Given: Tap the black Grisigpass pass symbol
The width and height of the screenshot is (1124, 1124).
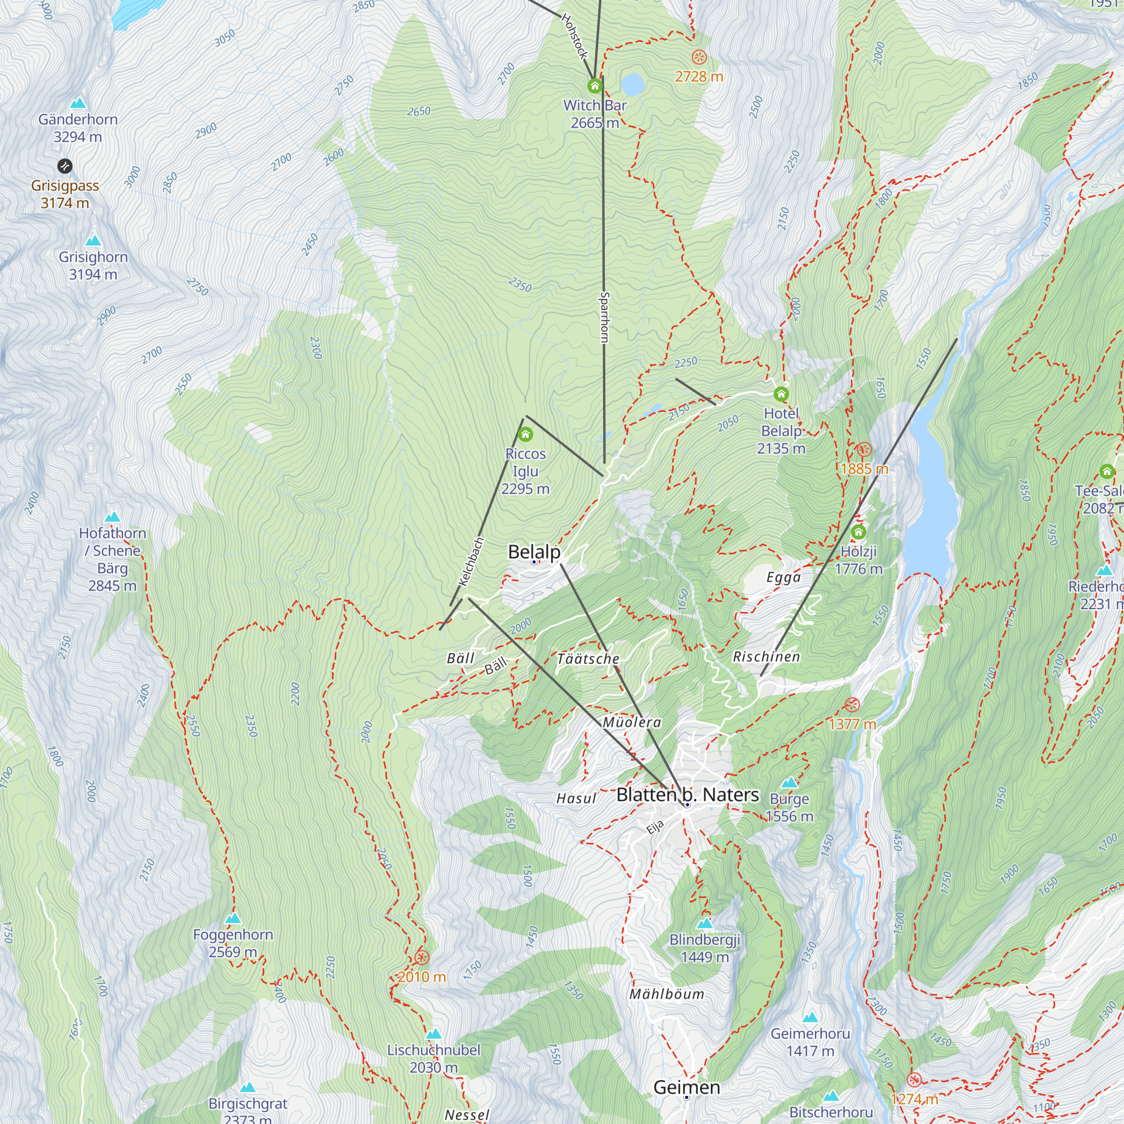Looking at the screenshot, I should tap(65, 166).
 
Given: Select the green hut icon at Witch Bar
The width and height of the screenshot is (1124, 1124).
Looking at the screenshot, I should tap(594, 87).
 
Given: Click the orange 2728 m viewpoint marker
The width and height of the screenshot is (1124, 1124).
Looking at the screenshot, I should tap(699, 57).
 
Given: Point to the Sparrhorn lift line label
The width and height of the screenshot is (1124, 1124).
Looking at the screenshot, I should tap(604, 318).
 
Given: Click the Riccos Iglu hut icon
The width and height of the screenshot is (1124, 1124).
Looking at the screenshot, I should tap(525, 434).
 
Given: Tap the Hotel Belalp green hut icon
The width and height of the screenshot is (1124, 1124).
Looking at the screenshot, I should tap(781, 395).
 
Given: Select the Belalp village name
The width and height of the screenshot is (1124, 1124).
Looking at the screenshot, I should tap(533, 551).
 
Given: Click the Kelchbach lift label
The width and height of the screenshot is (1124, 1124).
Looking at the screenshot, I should tap(472, 562).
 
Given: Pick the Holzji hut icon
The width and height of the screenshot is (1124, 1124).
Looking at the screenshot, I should tap(858, 532).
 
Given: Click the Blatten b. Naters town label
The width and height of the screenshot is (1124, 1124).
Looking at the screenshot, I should tap(687, 795).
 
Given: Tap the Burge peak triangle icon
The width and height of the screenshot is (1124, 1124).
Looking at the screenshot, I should tap(789, 782).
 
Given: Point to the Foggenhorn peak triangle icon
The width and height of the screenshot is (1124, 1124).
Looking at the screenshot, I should tap(233, 919).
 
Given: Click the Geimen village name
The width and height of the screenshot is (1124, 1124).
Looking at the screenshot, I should tap(687, 1087).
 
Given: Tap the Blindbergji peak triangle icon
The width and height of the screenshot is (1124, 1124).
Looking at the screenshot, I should tap(705, 923).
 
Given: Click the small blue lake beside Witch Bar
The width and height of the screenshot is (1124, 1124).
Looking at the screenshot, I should tap(632, 84).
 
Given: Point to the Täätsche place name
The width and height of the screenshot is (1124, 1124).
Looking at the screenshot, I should tap(588, 659).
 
